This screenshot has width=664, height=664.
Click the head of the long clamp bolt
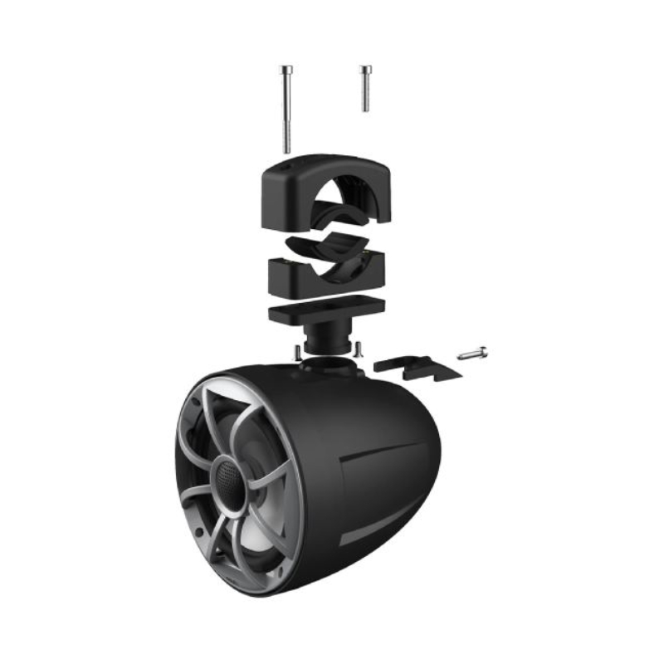click(x=286, y=70)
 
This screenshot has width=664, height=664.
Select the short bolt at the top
click(x=364, y=88)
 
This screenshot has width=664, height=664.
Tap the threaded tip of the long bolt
click(x=287, y=144)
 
